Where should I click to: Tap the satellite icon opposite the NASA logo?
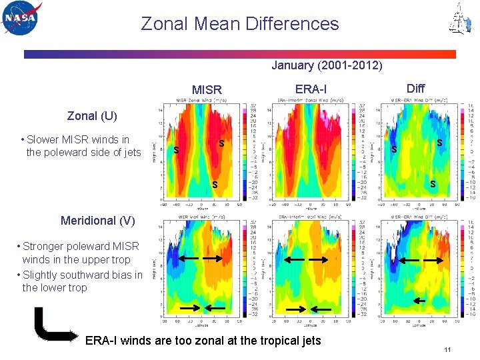[x=458, y=19]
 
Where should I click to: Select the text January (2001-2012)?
[x=327, y=65]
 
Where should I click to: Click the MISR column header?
[x=207, y=89]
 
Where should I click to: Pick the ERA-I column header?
[x=311, y=89]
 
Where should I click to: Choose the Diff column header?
[x=415, y=88]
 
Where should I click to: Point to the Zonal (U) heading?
[x=92, y=116]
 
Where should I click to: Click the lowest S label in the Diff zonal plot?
[x=432, y=183]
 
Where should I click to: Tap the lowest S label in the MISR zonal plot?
[x=214, y=184]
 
